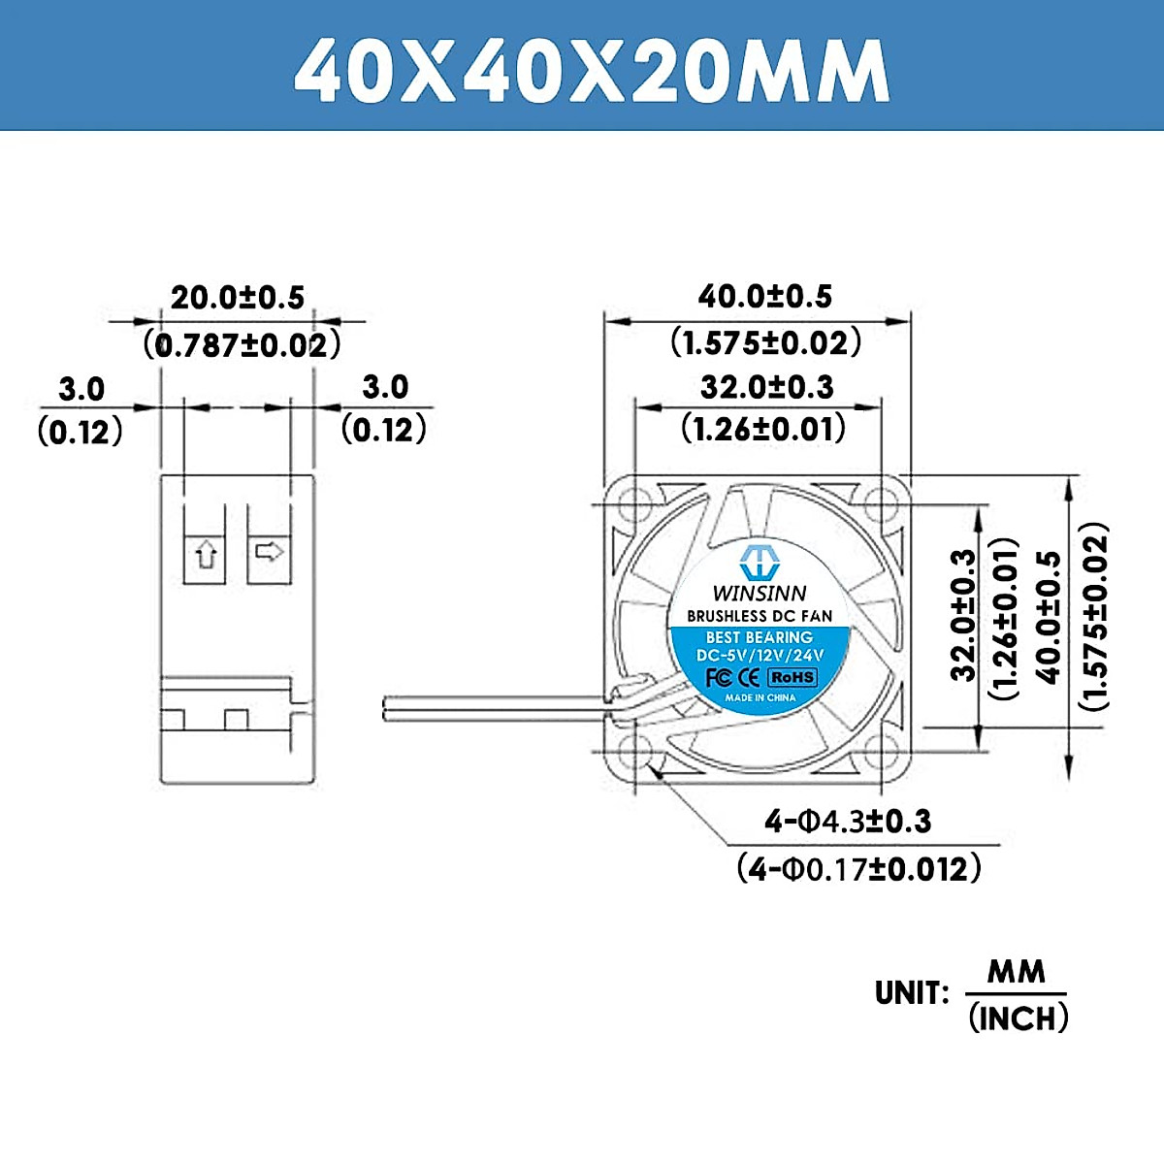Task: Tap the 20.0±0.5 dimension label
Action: [x=238, y=297]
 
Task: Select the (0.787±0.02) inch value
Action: [x=242, y=344]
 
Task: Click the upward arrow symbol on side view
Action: [x=206, y=556]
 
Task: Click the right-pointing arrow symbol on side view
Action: [x=269, y=552]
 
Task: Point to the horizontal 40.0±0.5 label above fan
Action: [x=765, y=296]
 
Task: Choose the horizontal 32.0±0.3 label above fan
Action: [x=766, y=387]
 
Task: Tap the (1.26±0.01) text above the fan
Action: [x=763, y=428]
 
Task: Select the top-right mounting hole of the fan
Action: [x=881, y=503]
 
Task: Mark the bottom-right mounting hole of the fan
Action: [x=881, y=749]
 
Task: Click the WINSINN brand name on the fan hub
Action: [x=759, y=593]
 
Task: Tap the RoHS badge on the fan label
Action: [x=792, y=677]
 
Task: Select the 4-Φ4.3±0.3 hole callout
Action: [x=848, y=822]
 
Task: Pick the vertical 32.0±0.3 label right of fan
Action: [x=963, y=615]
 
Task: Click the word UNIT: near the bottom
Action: [x=909, y=993]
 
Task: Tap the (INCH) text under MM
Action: [x=1018, y=1018]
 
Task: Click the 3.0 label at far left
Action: [x=81, y=389]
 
